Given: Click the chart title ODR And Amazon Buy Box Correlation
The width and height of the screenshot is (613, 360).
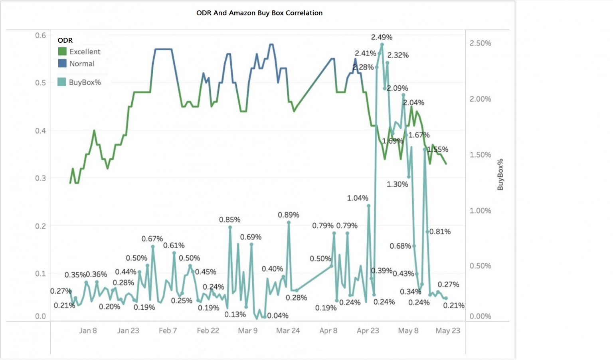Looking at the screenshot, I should (259, 13).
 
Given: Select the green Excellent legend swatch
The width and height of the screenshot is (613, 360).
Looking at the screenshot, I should (62, 51).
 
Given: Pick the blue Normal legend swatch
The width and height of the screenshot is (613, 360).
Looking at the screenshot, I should (62, 63).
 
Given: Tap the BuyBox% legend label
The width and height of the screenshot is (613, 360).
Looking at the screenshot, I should (85, 82).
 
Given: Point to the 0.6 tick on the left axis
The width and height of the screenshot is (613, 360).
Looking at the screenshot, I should (40, 35).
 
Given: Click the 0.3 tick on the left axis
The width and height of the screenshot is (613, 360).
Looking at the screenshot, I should (40, 178).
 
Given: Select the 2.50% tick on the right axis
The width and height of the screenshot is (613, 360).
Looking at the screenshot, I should (480, 43).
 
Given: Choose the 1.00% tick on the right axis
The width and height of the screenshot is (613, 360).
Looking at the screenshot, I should (480, 210).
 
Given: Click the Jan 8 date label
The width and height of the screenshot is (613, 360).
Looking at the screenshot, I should (88, 330).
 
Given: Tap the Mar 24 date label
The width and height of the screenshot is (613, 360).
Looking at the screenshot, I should (288, 330).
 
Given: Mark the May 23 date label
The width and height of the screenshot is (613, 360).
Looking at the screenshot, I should (448, 330).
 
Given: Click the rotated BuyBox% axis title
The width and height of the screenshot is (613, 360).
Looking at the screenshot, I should (500, 174).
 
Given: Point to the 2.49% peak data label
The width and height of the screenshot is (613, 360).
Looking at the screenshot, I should (382, 37).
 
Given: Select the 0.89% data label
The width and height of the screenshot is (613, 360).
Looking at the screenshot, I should (289, 215).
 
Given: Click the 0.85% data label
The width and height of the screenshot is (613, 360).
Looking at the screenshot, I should (229, 220).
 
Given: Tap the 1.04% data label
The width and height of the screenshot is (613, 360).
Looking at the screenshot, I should (358, 198).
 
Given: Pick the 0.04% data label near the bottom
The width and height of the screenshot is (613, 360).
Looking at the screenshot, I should (278, 315).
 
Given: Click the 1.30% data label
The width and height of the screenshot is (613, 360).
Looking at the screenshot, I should (397, 184).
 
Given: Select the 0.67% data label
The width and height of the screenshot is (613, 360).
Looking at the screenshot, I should (152, 239).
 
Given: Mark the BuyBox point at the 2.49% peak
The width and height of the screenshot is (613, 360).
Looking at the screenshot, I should (382, 45).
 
